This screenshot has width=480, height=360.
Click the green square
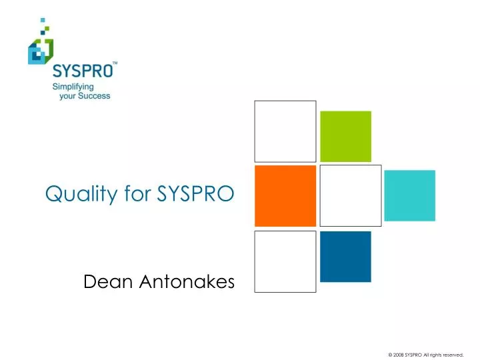click(x=346, y=135)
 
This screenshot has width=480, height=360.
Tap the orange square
click(x=285, y=195)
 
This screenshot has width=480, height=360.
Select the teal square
click(x=410, y=195)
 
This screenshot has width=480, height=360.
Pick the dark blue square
click(x=345, y=256)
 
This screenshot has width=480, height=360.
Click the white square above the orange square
click(x=285, y=131)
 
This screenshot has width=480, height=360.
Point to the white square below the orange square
click(x=285, y=261)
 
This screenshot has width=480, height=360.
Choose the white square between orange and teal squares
click(x=351, y=195)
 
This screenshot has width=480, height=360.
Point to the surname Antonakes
click(x=188, y=283)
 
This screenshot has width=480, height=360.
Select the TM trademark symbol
click(x=115, y=63)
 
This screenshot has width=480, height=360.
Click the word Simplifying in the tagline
click(x=74, y=87)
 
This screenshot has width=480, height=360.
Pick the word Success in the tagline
click(x=95, y=96)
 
